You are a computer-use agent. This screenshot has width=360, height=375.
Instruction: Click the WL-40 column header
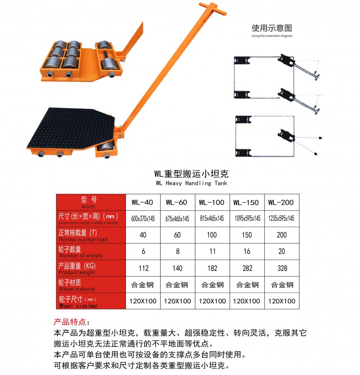(143, 202)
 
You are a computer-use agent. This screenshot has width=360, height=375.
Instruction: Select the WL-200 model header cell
(281, 202)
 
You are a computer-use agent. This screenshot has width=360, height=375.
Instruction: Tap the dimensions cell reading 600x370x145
(143, 219)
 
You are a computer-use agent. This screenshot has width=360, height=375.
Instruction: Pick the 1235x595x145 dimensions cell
(281, 219)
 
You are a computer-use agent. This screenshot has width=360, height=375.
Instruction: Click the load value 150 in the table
(247, 235)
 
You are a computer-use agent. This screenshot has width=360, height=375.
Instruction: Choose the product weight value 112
(143, 268)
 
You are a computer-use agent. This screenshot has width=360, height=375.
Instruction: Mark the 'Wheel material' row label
(90, 285)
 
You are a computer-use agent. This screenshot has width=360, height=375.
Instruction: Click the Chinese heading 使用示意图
(271, 28)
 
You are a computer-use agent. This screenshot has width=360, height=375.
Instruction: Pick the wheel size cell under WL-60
(177, 301)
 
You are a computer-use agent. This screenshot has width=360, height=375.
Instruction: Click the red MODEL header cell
(90, 202)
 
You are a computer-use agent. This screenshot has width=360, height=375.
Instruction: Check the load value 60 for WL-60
(177, 235)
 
